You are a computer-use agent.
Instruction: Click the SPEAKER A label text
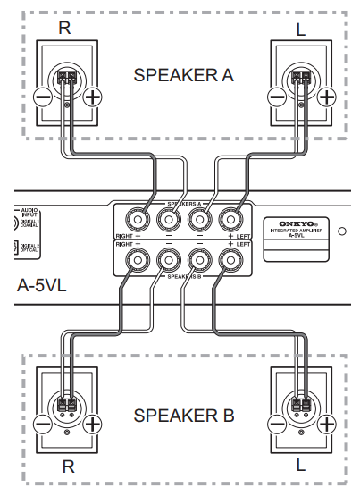pyautogui.click(x=183, y=75)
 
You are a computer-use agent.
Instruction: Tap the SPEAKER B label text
pyautogui.click(x=183, y=416)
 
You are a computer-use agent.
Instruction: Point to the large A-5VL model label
pyautogui.click(x=43, y=288)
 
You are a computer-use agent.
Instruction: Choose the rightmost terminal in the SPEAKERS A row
pyautogui.click(x=230, y=218)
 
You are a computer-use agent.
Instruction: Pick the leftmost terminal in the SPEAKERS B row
pyautogui.click(x=137, y=261)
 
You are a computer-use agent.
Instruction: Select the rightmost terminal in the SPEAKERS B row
pyautogui.click(x=230, y=261)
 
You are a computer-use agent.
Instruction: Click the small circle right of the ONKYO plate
pyautogui.click(x=343, y=230)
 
